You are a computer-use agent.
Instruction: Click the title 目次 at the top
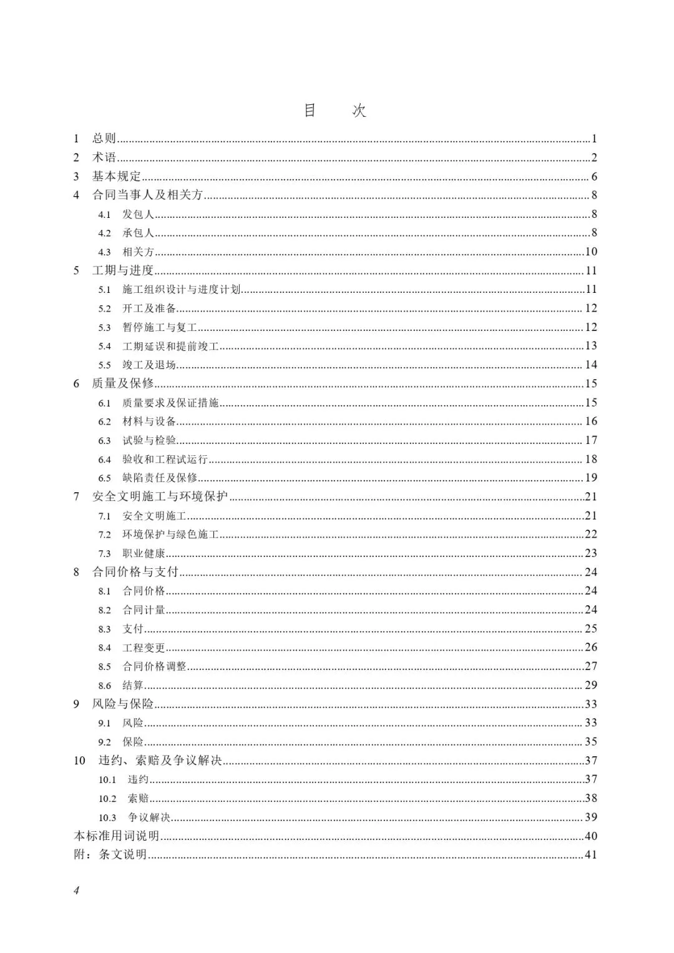(335, 111)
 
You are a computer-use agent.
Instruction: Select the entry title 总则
(104, 139)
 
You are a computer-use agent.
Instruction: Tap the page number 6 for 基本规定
(594, 177)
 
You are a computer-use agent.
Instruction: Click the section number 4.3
(104, 252)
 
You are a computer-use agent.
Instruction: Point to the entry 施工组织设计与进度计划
(182, 290)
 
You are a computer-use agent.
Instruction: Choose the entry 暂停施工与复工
(160, 327)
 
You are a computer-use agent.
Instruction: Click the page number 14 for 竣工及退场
(591, 365)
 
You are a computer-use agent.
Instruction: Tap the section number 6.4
(104, 460)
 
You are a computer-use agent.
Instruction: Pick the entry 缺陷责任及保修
(160, 478)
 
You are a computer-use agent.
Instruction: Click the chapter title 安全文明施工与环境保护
(160, 496)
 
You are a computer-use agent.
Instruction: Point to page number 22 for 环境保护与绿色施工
(591, 535)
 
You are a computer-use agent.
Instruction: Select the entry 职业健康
(144, 553)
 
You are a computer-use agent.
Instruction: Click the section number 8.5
(104, 667)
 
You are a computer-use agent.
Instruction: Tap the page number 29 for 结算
(591, 685)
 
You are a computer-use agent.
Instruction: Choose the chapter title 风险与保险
(123, 704)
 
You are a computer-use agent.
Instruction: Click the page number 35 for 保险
(591, 742)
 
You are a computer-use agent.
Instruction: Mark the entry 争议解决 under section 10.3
(149, 817)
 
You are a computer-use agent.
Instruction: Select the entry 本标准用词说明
(117, 836)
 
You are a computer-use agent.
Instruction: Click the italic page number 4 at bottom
(77, 891)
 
